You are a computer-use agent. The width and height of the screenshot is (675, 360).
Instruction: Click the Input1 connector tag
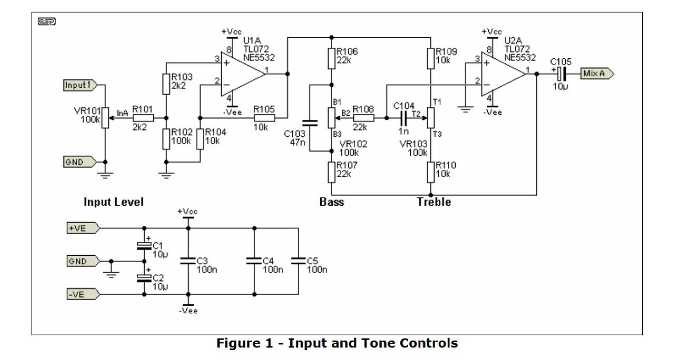click(80, 85)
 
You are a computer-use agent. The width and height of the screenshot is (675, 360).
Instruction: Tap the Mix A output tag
click(597, 73)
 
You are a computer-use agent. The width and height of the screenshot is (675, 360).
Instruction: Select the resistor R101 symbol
click(143, 118)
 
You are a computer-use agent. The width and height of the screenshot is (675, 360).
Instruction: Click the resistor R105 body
click(264, 118)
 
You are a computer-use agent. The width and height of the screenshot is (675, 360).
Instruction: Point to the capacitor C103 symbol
click(310, 123)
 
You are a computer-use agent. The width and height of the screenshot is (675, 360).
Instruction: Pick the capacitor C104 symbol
click(404, 118)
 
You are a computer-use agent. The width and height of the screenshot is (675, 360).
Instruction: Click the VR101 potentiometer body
click(105, 118)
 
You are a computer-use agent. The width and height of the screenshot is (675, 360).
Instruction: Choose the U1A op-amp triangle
click(243, 74)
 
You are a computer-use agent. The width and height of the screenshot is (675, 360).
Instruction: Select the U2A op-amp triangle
click(504, 74)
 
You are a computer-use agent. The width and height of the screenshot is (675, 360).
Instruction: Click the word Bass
click(332, 202)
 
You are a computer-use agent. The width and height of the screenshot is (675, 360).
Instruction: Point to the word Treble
click(434, 202)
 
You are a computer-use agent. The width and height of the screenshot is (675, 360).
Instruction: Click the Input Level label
click(113, 202)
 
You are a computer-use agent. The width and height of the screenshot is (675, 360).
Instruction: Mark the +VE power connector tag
click(83, 228)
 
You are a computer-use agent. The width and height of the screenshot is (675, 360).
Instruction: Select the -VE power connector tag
click(83, 294)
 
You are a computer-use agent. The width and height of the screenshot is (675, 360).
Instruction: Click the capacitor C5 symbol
click(298, 261)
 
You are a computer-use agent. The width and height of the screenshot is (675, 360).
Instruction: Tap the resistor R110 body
click(431, 172)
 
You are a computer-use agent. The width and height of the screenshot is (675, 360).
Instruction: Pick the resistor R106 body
click(332, 59)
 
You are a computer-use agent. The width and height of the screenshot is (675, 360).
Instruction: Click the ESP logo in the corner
click(47, 22)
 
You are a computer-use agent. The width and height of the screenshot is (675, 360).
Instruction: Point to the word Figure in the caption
click(245, 344)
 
